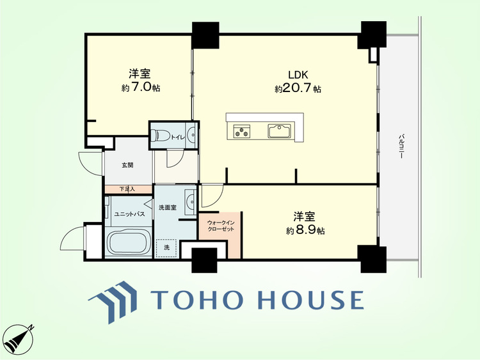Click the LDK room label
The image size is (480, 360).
click(298, 75)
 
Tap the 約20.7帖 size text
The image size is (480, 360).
click(298, 89)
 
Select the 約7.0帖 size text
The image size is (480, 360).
click(141, 88)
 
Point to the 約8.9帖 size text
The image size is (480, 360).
click(305, 230)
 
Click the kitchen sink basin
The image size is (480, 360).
click(279, 131)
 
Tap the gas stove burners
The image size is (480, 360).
click(242, 131)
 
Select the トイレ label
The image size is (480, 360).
click(177, 137)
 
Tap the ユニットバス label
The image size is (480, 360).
click(129, 214)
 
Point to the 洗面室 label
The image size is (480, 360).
click(168, 207)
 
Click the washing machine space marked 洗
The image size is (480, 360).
click(166, 248)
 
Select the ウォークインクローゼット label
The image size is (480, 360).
click(221, 226)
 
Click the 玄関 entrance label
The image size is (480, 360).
click(127, 165)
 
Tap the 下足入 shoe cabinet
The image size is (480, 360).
click(128, 189)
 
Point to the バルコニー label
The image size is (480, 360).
click(401, 146)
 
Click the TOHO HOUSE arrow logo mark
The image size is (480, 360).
click(113, 302)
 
